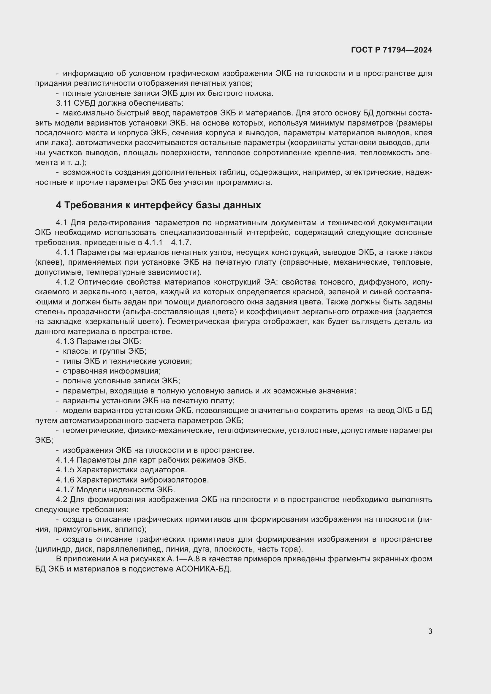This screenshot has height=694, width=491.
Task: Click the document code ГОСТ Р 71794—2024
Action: [391, 50]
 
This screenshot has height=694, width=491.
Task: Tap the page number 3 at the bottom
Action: [430, 631]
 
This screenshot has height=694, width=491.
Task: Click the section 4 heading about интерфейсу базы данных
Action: [158, 205]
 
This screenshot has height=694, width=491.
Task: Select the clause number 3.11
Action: [63, 103]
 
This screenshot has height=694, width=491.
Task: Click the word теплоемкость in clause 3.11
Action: [384, 153]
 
